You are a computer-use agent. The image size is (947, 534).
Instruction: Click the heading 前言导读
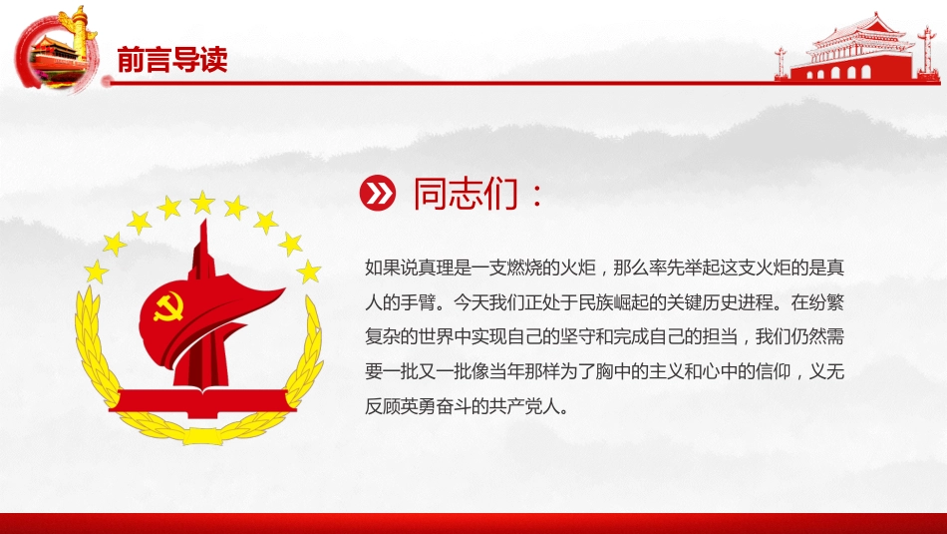pos(171,59)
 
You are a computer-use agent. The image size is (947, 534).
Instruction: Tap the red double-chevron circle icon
pos(377,194)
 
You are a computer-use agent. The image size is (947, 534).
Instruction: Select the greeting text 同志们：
pos(478,194)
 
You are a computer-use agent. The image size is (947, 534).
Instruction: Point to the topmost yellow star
pos(203,204)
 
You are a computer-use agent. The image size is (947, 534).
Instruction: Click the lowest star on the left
pos(97,270)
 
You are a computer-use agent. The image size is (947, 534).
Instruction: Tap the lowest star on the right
pos(309,270)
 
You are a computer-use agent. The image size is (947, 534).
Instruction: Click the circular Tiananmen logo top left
pos(58,50)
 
